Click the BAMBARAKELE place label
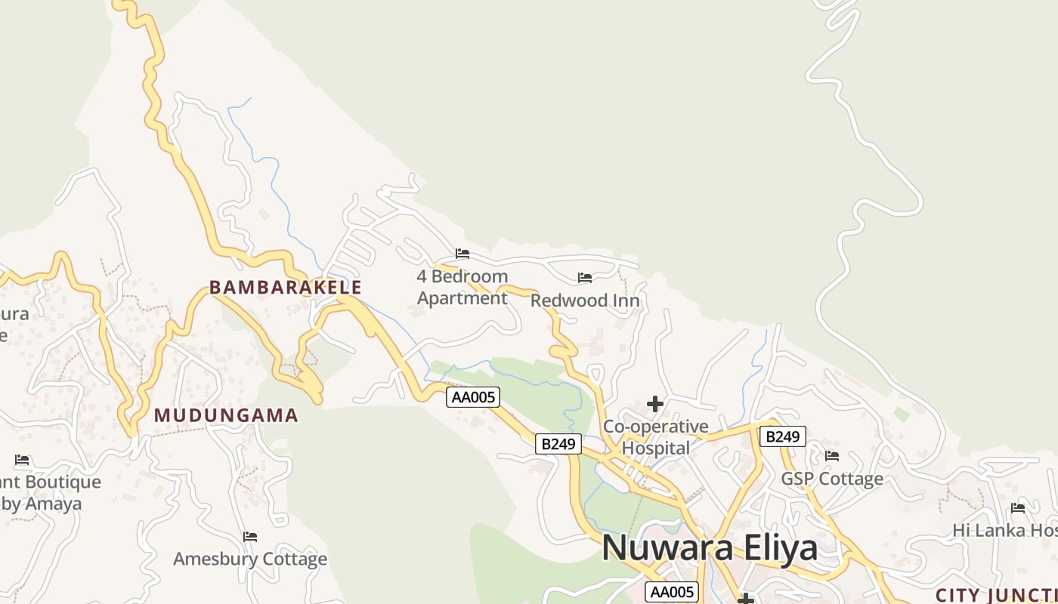(286, 288)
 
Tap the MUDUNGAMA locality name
(226, 415)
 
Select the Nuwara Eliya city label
(710, 547)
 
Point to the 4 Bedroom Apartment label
(462, 287)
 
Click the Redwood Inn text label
(585, 300)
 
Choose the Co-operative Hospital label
(656, 437)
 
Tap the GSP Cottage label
(832, 479)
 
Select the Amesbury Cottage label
(250, 559)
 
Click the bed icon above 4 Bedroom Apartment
(462, 254)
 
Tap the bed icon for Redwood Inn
(585, 278)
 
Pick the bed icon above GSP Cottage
(832, 455)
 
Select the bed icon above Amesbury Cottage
(250, 537)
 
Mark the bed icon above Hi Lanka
(1018, 508)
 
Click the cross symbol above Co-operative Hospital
(655, 404)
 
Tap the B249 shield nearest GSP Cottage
(782, 436)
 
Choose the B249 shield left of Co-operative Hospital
(558, 444)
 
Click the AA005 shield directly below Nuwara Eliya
(672, 592)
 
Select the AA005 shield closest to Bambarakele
(473, 397)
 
